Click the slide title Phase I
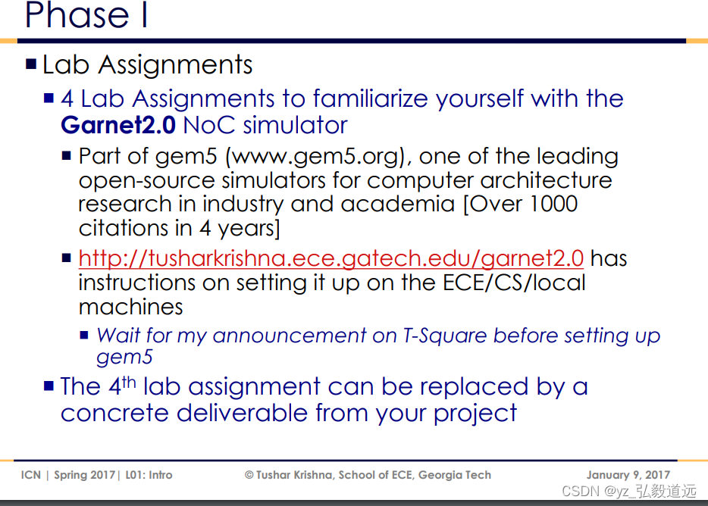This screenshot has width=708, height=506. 86,15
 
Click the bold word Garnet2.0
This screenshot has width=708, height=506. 117,125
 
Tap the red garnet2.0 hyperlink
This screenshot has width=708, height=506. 331,258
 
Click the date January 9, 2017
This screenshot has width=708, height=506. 628,475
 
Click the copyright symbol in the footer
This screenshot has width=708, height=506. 249,475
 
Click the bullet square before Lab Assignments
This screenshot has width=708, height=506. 31,64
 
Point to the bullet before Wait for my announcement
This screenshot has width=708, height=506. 85,335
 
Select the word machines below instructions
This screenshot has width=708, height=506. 130,307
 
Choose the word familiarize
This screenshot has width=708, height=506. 377,98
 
